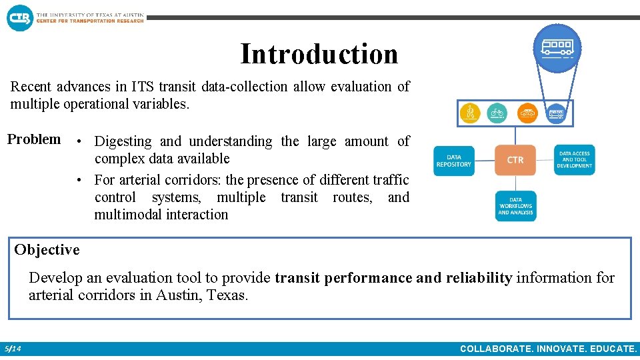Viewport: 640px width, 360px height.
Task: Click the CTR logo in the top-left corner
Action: (x=19, y=17)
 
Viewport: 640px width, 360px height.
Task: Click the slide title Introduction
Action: (x=319, y=54)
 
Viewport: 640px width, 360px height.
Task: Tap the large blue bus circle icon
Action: (x=557, y=47)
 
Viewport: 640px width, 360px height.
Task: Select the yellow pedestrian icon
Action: (x=471, y=113)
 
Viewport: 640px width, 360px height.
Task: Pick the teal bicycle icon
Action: (x=497, y=113)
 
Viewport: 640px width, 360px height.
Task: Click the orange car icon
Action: (x=527, y=113)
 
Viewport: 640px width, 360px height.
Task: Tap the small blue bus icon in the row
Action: (x=556, y=113)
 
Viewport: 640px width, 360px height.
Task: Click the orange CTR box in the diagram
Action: (x=515, y=160)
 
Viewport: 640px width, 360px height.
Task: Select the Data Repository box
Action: (x=454, y=161)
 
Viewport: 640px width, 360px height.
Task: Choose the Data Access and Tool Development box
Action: (x=575, y=161)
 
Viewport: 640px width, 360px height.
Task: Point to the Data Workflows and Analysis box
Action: (x=515, y=206)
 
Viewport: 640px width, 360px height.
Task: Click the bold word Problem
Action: (x=34, y=139)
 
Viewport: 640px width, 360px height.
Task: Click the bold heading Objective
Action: (x=47, y=250)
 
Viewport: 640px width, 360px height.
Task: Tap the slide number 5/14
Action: (x=13, y=349)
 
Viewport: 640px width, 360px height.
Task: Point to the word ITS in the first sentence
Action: (x=142, y=87)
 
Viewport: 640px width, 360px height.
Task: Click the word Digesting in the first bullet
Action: (x=123, y=141)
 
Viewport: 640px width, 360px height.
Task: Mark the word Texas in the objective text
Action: (x=226, y=295)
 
